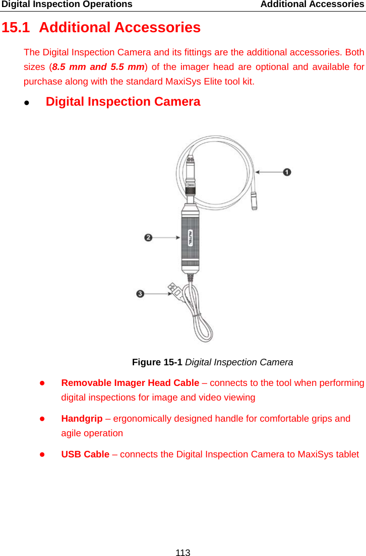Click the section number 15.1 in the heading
point(16,28)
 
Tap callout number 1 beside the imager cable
point(287,173)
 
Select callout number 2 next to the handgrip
point(148,237)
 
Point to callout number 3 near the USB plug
point(140,293)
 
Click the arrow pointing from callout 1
point(269,173)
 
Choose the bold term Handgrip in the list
point(82,419)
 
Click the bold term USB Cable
point(85,454)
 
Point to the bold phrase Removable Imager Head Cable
point(130,383)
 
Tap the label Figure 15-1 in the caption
point(157,362)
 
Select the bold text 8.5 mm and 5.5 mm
point(99,66)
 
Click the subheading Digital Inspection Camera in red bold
point(123,102)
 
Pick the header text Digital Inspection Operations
point(67,5)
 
